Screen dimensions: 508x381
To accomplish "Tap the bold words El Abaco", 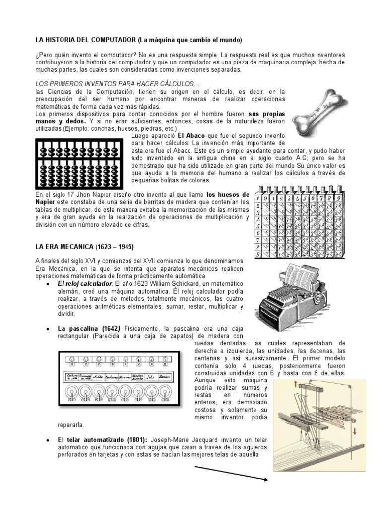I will click(x=191, y=134).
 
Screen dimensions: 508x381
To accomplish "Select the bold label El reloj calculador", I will click(x=85, y=283).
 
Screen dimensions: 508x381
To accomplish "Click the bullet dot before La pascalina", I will click(x=46, y=329).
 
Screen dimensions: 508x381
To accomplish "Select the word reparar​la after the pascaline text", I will click(x=71, y=425).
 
